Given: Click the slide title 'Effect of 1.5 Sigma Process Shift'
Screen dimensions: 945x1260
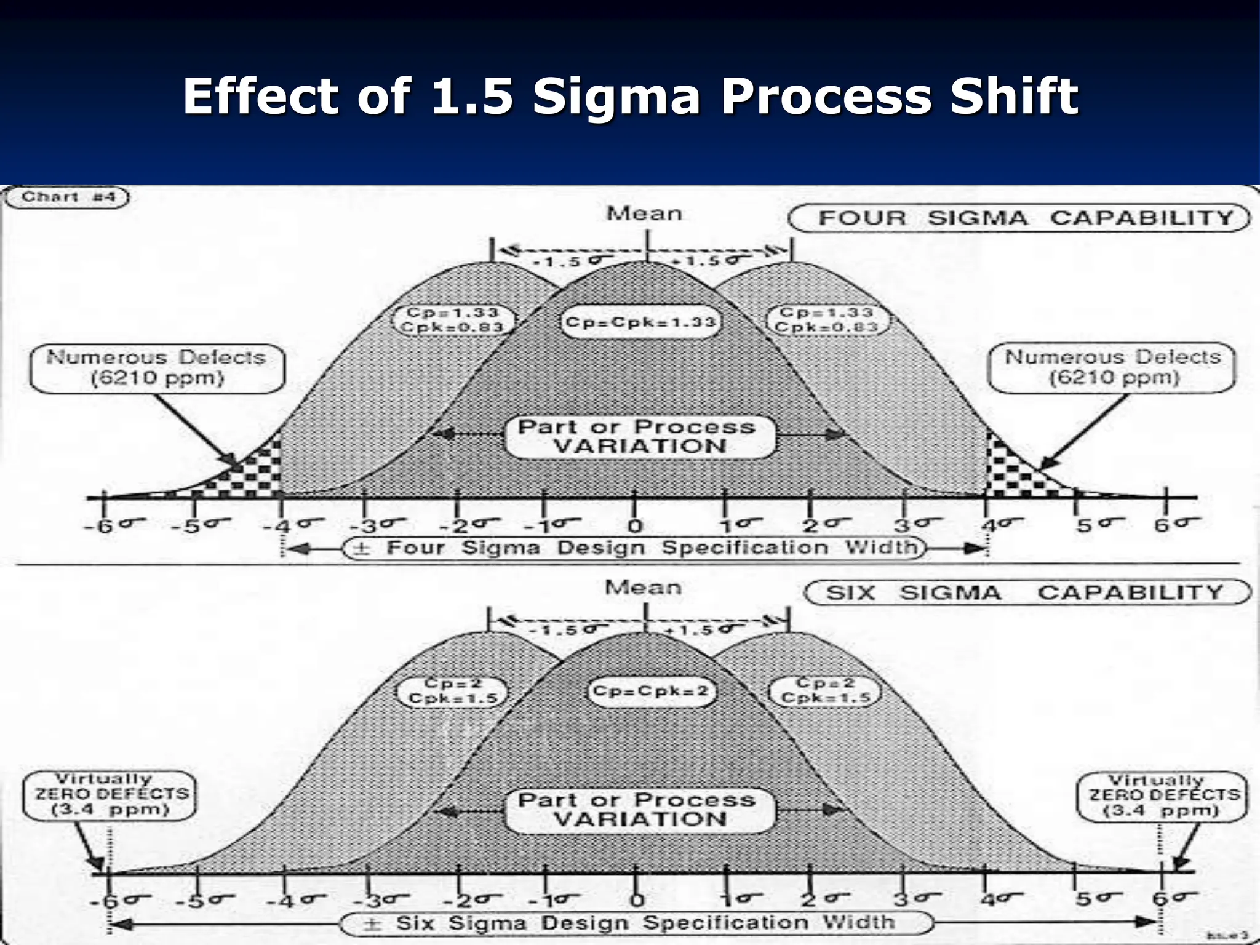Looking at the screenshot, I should (630, 96).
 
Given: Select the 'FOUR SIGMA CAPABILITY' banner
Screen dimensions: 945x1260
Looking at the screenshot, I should (1019, 218).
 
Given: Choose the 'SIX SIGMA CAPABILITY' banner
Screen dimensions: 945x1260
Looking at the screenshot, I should (1027, 592).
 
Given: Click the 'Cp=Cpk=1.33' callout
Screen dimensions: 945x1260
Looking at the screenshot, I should (640, 322).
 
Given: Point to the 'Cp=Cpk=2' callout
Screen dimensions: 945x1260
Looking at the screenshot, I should (650, 691).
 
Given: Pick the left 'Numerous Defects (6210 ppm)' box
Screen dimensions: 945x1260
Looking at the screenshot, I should (157, 367).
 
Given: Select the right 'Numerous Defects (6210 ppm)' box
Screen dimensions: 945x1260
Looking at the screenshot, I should (1112, 367).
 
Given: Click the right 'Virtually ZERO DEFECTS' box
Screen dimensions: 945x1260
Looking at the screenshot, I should (1162, 795).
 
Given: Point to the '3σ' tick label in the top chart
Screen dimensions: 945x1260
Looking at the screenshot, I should (916, 525).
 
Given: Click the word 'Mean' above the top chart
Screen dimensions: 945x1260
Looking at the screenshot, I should (644, 213).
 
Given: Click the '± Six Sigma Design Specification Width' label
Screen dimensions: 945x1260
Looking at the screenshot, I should (636, 923).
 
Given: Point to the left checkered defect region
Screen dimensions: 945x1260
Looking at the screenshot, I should (252, 474).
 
